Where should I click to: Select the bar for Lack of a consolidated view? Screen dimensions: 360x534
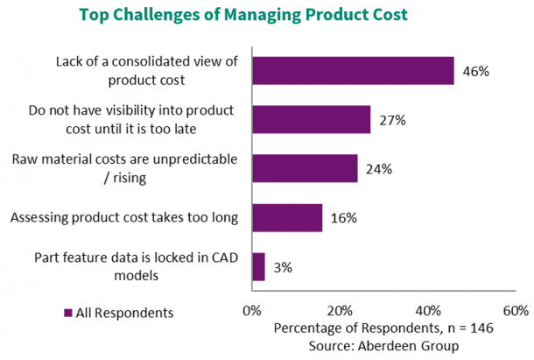point(353,70)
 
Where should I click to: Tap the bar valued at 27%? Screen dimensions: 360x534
point(311,119)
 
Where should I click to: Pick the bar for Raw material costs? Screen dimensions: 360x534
point(305,168)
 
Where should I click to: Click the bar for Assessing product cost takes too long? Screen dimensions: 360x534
point(287,217)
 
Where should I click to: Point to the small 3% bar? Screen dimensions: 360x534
point(258,266)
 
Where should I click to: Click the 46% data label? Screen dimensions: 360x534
point(476,71)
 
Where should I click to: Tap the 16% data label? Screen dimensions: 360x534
point(344,217)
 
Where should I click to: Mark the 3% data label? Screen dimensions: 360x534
point(283,266)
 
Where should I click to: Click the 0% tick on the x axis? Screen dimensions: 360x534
point(252,311)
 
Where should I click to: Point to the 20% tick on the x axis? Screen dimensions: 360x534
point(340,311)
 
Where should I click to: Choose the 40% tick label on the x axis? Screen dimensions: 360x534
point(428,311)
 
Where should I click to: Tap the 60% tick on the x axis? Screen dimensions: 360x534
point(516,311)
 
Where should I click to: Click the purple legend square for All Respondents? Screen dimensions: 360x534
point(68,313)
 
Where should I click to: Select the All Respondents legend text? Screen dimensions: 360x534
point(125,313)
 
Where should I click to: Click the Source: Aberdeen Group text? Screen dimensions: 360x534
point(384,345)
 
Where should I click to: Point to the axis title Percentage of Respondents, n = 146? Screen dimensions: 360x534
point(384,328)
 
